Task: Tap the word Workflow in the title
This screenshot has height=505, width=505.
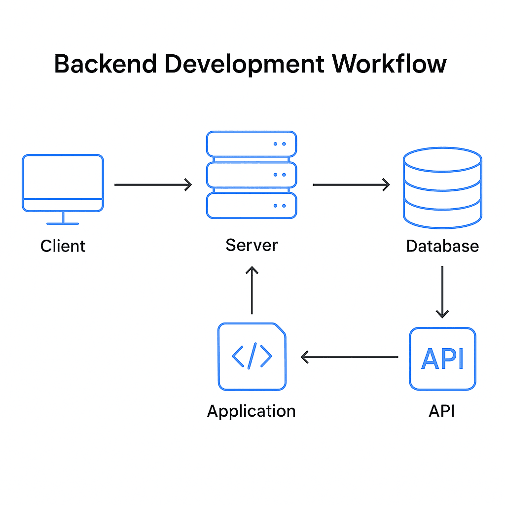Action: point(389,64)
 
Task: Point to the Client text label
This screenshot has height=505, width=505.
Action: point(63,246)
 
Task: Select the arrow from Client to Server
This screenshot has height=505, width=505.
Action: point(153,185)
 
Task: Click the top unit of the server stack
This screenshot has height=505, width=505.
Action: point(252,144)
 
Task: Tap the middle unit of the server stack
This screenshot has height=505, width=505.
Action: point(252,175)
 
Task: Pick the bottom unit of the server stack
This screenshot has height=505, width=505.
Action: point(252,205)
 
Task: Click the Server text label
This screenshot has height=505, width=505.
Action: point(252,245)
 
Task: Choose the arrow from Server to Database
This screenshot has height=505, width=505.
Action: point(351,185)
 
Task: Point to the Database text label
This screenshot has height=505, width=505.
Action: point(442,246)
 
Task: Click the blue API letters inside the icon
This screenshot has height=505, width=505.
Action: point(442,359)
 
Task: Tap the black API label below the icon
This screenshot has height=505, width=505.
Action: point(442,410)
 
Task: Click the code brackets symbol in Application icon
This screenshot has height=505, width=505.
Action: point(252,356)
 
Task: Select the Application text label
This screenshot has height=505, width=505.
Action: point(252,411)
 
